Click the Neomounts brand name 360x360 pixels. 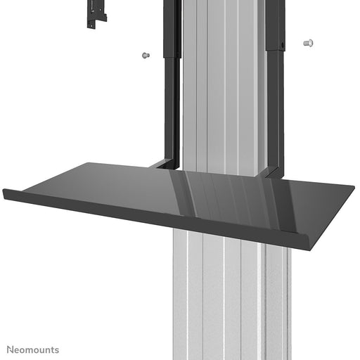pyautogui.click(x=34, y=349)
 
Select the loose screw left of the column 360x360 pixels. pyautogui.click(x=146, y=55)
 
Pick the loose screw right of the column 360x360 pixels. pyautogui.click(x=307, y=43)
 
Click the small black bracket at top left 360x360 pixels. pyautogui.click(x=96, y=14)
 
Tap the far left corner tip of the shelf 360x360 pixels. pyautogui.click(x=4, y=191)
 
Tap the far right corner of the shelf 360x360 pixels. pyautogui.click(x=352, y=188)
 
